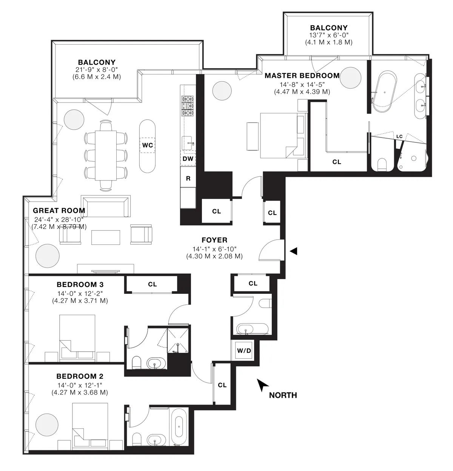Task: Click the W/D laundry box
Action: [x=244, y=351]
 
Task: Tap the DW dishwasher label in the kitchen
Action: [x=188, y=159]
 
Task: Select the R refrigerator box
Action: [x=188, y=179]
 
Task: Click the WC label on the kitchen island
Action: [x=147, y=145]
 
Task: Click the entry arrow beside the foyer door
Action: [x=293, y=250]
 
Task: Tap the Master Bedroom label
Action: [x=302, y=76]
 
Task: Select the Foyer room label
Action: [x=214, y=240]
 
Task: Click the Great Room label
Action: [x=59, y=211]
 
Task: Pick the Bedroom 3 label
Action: [x=80, y=284]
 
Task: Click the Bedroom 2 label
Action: [x=80, y=376]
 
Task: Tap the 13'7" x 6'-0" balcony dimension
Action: [x=328, y=35]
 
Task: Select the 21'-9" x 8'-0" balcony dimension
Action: [x=97, y=70]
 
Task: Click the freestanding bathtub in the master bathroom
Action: [x=384, y=92]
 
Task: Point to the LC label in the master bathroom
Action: [x=399, y=136]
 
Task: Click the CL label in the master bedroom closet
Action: [x=337, y=162]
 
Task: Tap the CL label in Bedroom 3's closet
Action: [x=152, y=284]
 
